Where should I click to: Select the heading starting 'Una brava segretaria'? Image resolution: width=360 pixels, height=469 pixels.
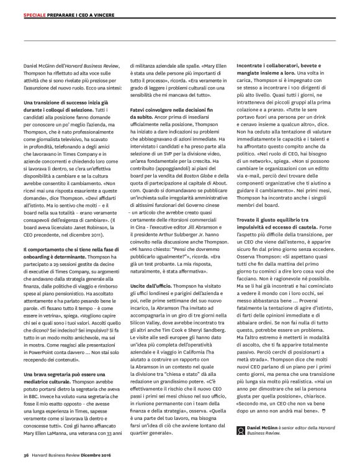coord(60,375)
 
